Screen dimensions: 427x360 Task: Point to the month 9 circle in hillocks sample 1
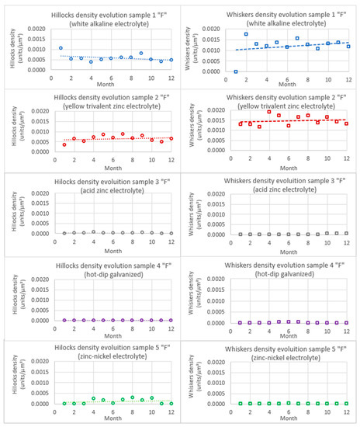(141, 54)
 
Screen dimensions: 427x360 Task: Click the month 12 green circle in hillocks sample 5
(171, 403)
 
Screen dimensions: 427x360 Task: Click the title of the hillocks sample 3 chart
(106, 176)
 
